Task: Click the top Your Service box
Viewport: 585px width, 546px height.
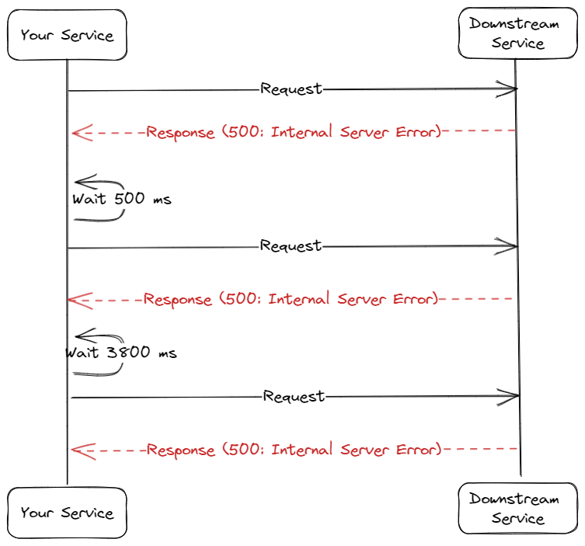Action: click(x=67, y=35)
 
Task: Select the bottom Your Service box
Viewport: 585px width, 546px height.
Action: click(x=67, y=513)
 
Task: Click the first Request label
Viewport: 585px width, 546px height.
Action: click(x=291, y=89)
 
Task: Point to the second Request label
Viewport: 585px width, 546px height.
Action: click(x=291, y=246)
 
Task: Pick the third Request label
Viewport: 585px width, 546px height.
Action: click(x=294, y=397)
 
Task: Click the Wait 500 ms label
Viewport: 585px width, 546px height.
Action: click(x=122, y=199)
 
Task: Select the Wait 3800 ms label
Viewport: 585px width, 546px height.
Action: click(x=121, y=353)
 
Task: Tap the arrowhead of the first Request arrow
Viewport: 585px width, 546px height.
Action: click(x=512, y=90)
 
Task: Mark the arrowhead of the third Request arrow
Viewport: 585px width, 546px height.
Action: click(x=514, y=397)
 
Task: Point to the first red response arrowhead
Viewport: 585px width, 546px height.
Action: click(x=77, y=133)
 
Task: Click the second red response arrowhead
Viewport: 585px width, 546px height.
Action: click(x=73, y=300)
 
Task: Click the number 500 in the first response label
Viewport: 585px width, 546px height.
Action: click(x=244, y=132)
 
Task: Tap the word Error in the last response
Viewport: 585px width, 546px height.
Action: click(x=415, y=450)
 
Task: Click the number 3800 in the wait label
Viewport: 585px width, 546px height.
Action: click(x=129, y=353)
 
